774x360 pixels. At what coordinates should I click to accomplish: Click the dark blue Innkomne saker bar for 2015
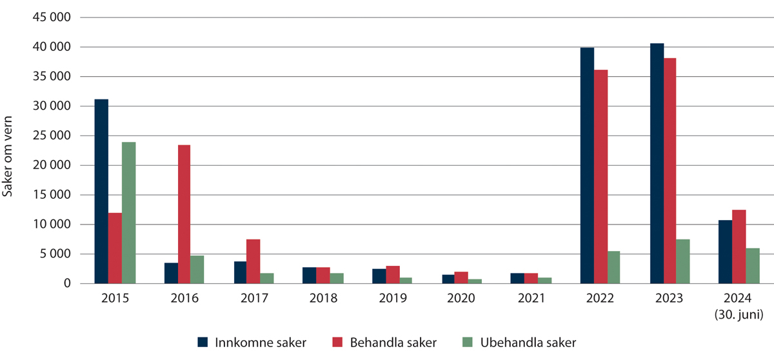(x=101, y=192)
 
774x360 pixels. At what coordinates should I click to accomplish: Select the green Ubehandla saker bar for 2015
(x=129, y=213)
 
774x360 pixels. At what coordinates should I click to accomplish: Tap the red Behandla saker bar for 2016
(x=184, y=214)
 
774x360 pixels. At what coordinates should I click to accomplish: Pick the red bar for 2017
(x=253, y=261)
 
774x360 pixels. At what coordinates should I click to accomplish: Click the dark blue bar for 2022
(x=587, y=166)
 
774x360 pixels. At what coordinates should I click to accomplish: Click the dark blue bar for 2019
(x=379, y=276)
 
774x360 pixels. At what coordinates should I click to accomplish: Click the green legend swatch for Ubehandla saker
(x=469, y=342)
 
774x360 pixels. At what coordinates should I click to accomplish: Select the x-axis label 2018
(x=322, y=299)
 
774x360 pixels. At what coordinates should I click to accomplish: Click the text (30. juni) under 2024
(x=740, y=315)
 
